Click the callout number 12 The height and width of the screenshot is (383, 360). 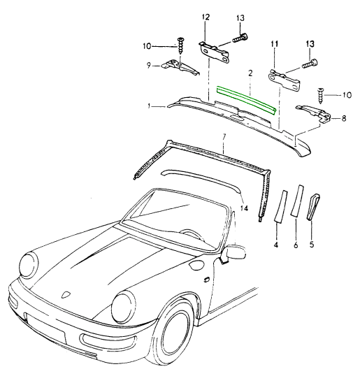[x=206, y=17]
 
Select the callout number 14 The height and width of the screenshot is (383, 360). [x=244, y=208]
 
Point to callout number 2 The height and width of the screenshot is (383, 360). [x=250, y=73]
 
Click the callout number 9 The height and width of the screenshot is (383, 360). [x=149, y=66]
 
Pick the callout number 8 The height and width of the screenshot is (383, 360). [x=344, y=119]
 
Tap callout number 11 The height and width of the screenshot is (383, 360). [x=274, y=44]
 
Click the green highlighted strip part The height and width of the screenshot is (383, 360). [x=247, y=100]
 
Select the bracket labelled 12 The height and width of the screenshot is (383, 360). [x=214, y=52]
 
